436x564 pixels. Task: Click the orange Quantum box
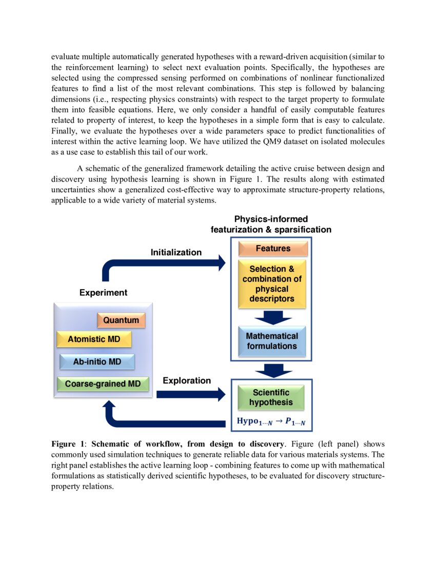pos(121,320)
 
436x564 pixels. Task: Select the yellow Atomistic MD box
pos(94,339)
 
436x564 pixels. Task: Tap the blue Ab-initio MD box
pos(97,361)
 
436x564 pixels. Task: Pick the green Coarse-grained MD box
pos(103,384)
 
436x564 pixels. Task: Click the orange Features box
pos(273,249)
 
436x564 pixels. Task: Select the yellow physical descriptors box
pos(272,284)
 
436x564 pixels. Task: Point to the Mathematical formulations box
pos(272,341)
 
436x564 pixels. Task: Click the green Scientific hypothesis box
pos(271,397)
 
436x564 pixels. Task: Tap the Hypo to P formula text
pos(274,421)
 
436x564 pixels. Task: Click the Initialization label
pos(176,252)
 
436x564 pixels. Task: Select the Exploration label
pos(187,380)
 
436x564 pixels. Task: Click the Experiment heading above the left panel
pos(103,293)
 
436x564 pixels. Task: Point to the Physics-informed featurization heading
pos(271,225)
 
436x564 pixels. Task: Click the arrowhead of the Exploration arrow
pos(221,394)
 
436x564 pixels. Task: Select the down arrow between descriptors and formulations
pos(273,318)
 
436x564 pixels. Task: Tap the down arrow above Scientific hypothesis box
pos(273,371)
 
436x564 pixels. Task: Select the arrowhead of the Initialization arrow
pos(221,263)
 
